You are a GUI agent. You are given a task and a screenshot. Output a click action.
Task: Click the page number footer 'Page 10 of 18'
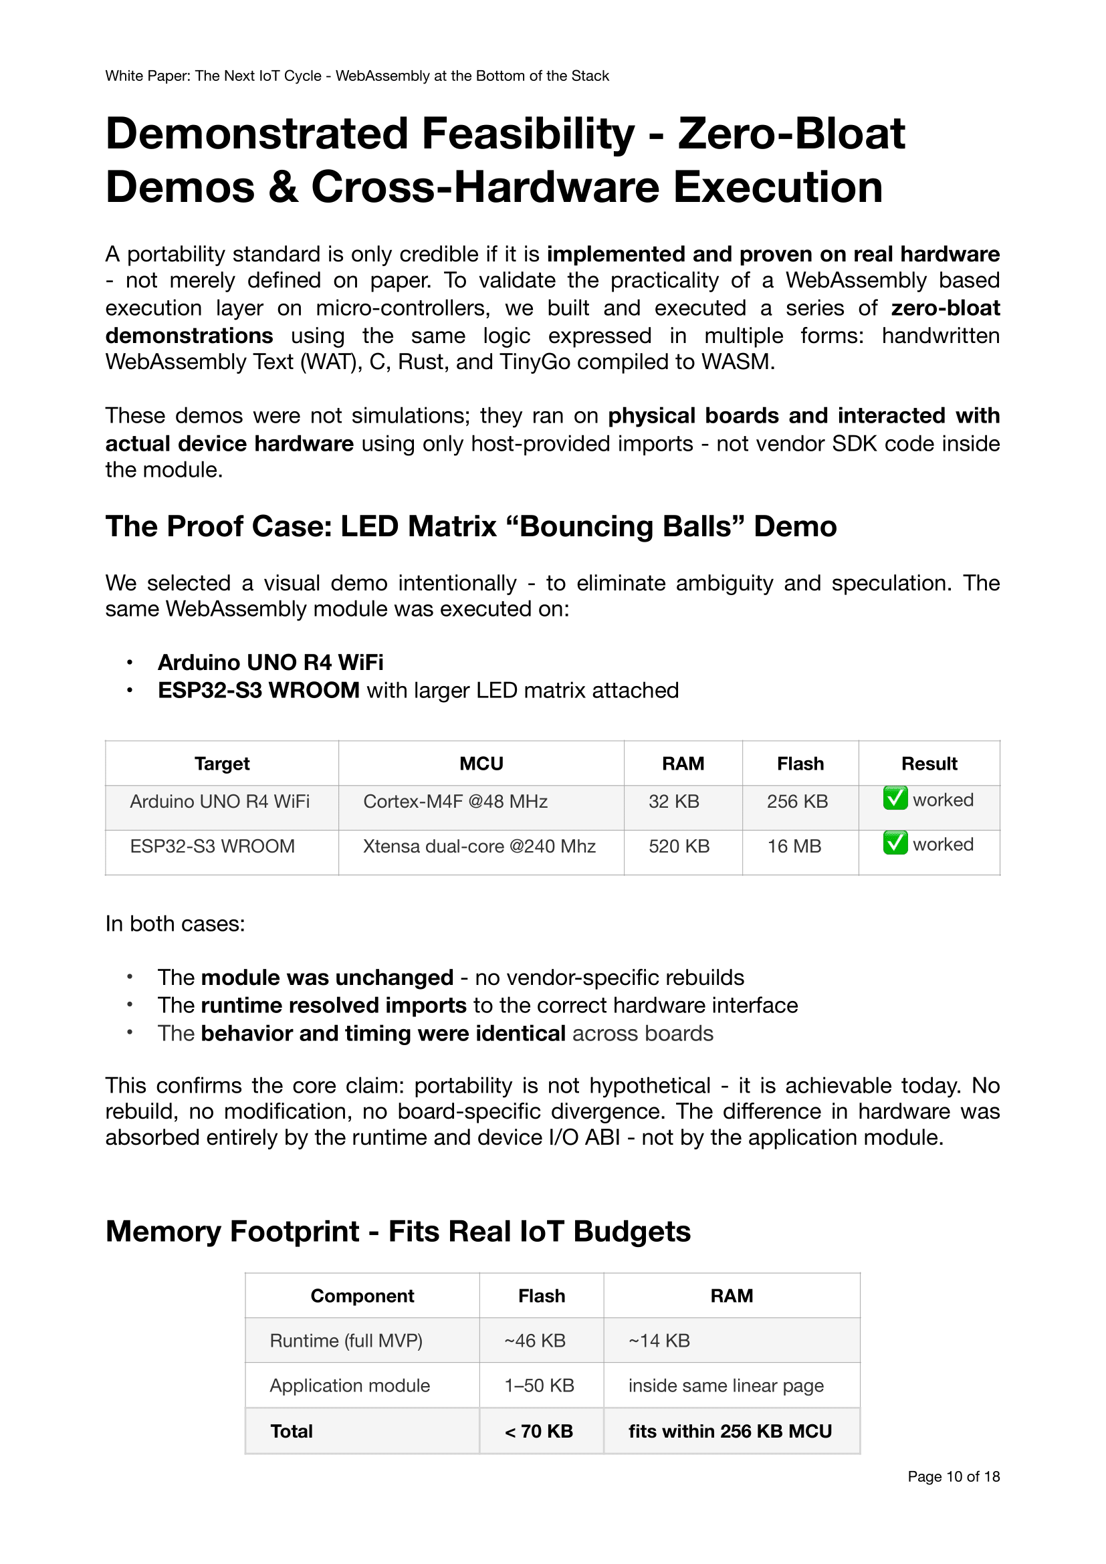coord(953,1476)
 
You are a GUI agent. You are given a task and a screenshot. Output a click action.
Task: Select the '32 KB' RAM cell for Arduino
coord(673,801)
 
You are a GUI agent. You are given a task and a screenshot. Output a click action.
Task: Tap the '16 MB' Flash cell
coord(794,846)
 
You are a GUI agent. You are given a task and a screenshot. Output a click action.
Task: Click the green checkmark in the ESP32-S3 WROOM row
coord(895,843)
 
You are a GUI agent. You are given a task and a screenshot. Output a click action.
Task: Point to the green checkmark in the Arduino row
coord(895,798)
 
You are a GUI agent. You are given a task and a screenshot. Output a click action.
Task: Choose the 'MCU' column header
coord(481,764)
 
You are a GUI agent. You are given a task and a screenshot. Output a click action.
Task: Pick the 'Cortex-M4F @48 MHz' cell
coord(455,801)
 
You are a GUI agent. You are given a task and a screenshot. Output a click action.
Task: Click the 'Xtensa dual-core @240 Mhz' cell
coord(479,846)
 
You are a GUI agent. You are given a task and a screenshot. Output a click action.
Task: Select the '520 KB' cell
coord(678,846)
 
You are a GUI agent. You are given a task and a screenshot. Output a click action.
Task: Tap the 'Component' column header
coord(362,1296)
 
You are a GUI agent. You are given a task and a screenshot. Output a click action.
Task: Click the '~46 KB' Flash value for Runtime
coord(535,1341)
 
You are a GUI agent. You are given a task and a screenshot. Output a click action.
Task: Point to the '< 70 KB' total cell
coord(539,1431)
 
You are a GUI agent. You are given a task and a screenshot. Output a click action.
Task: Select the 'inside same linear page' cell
coord(726,1385)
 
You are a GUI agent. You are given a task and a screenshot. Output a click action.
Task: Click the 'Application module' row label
coord(349,1385)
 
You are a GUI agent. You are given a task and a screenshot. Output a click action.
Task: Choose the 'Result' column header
coord(929,764)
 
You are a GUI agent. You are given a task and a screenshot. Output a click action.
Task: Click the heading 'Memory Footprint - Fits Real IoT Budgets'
coord(398,1232)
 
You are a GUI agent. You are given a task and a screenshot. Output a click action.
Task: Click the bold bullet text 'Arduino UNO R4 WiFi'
coord(270,662)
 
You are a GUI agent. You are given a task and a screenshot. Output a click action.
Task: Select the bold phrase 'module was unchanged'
coord(327,978)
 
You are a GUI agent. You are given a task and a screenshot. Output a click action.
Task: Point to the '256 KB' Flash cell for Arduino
coord(797,801)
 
